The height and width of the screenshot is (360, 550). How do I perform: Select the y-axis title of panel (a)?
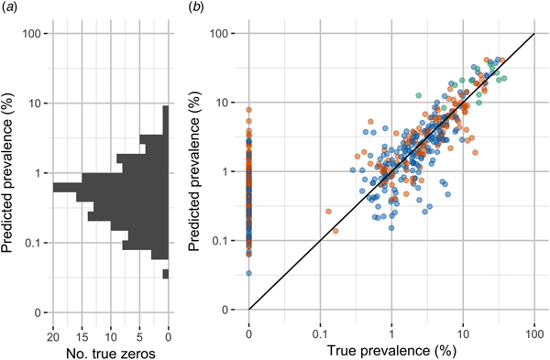(x=10, y=173)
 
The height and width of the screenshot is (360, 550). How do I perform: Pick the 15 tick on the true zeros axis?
(x=82, y=327)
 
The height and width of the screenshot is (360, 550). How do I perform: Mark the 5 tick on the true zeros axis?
(x=140, y=327)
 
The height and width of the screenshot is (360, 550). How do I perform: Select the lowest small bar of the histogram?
(x=166, y=274)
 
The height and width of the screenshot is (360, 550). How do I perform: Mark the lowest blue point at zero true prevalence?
(x=248, y=273)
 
